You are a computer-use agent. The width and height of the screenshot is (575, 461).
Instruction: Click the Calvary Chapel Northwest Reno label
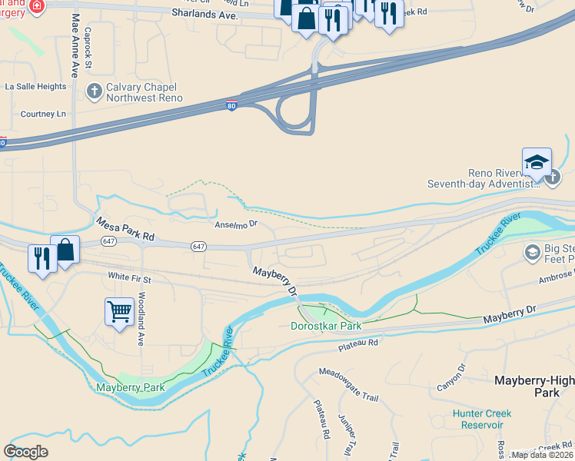point(144,93)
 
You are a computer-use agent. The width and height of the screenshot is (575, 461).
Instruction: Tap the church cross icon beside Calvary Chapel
point(94,92)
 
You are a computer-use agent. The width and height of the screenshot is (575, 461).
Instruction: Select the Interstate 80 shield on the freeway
point(231,107)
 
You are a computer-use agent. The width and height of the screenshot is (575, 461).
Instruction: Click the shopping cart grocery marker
point(119,312)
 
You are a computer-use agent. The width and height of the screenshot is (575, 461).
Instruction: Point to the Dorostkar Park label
point(326,326)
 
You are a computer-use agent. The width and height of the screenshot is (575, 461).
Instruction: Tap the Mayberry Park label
point(130,387)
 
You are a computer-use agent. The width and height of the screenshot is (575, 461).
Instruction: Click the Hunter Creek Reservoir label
point(482,419)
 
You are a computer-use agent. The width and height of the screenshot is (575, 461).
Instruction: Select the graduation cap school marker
point(537,163)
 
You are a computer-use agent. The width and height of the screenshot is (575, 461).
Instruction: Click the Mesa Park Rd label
point(125,229)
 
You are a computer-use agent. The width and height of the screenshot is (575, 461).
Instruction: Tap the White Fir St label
point(130,276)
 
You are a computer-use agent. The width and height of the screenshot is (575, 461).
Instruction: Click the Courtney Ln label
point(43,114)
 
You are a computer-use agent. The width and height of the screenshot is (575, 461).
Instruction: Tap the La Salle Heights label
point(36,87)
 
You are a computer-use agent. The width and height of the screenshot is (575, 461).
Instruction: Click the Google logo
point(26,452)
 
